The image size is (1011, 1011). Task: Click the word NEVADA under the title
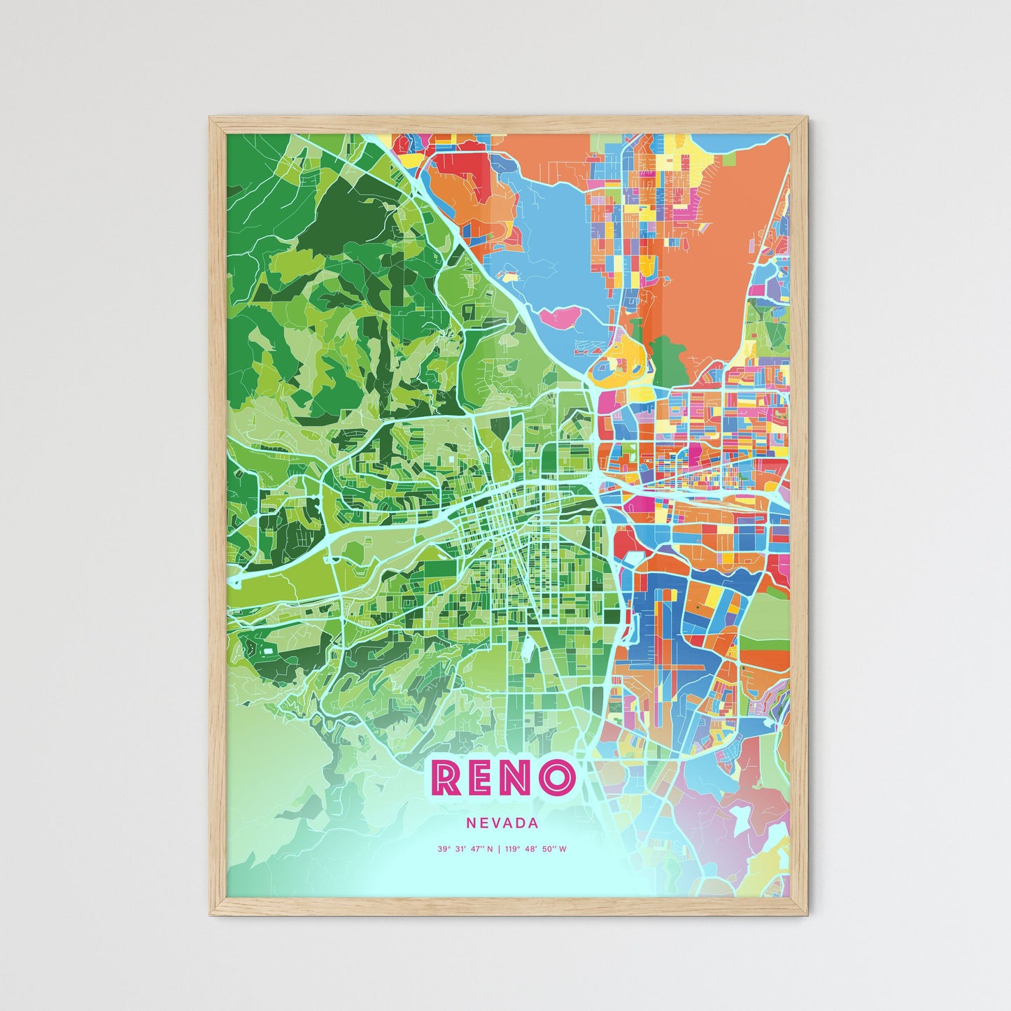coord(502,823)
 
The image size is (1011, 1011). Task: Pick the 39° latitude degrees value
coord(444,849)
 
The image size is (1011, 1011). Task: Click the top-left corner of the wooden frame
coord(211,118)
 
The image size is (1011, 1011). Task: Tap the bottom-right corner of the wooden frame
coord(807,915)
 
